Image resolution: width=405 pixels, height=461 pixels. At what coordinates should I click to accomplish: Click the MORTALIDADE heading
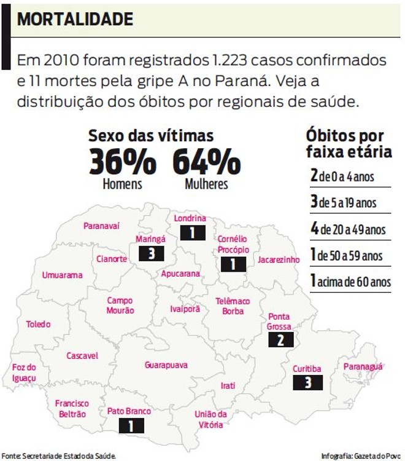click(75, 19)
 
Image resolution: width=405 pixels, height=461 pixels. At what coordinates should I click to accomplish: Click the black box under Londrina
click(193, 233)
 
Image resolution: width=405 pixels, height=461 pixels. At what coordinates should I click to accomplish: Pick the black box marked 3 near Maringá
click(151, 254)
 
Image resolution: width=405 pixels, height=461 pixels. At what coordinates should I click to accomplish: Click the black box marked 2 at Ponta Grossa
click(281, 340)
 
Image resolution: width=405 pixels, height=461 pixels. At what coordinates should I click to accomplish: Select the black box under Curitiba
click(307, 382)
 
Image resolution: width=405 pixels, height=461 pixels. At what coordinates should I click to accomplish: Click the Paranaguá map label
click(363, 366)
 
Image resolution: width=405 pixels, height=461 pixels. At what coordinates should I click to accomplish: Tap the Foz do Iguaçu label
click(25, 372)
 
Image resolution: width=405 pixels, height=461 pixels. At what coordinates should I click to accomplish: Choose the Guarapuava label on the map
click(166, 365)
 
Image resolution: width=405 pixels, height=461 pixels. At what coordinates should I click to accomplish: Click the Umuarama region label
click(62, 275)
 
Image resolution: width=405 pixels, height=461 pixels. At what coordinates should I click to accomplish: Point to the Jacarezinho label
click(279, 259)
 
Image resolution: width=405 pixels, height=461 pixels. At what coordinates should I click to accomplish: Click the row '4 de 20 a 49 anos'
click(348, 229)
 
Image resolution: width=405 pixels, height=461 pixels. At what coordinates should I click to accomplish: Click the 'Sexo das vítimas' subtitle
click(151, 136)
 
